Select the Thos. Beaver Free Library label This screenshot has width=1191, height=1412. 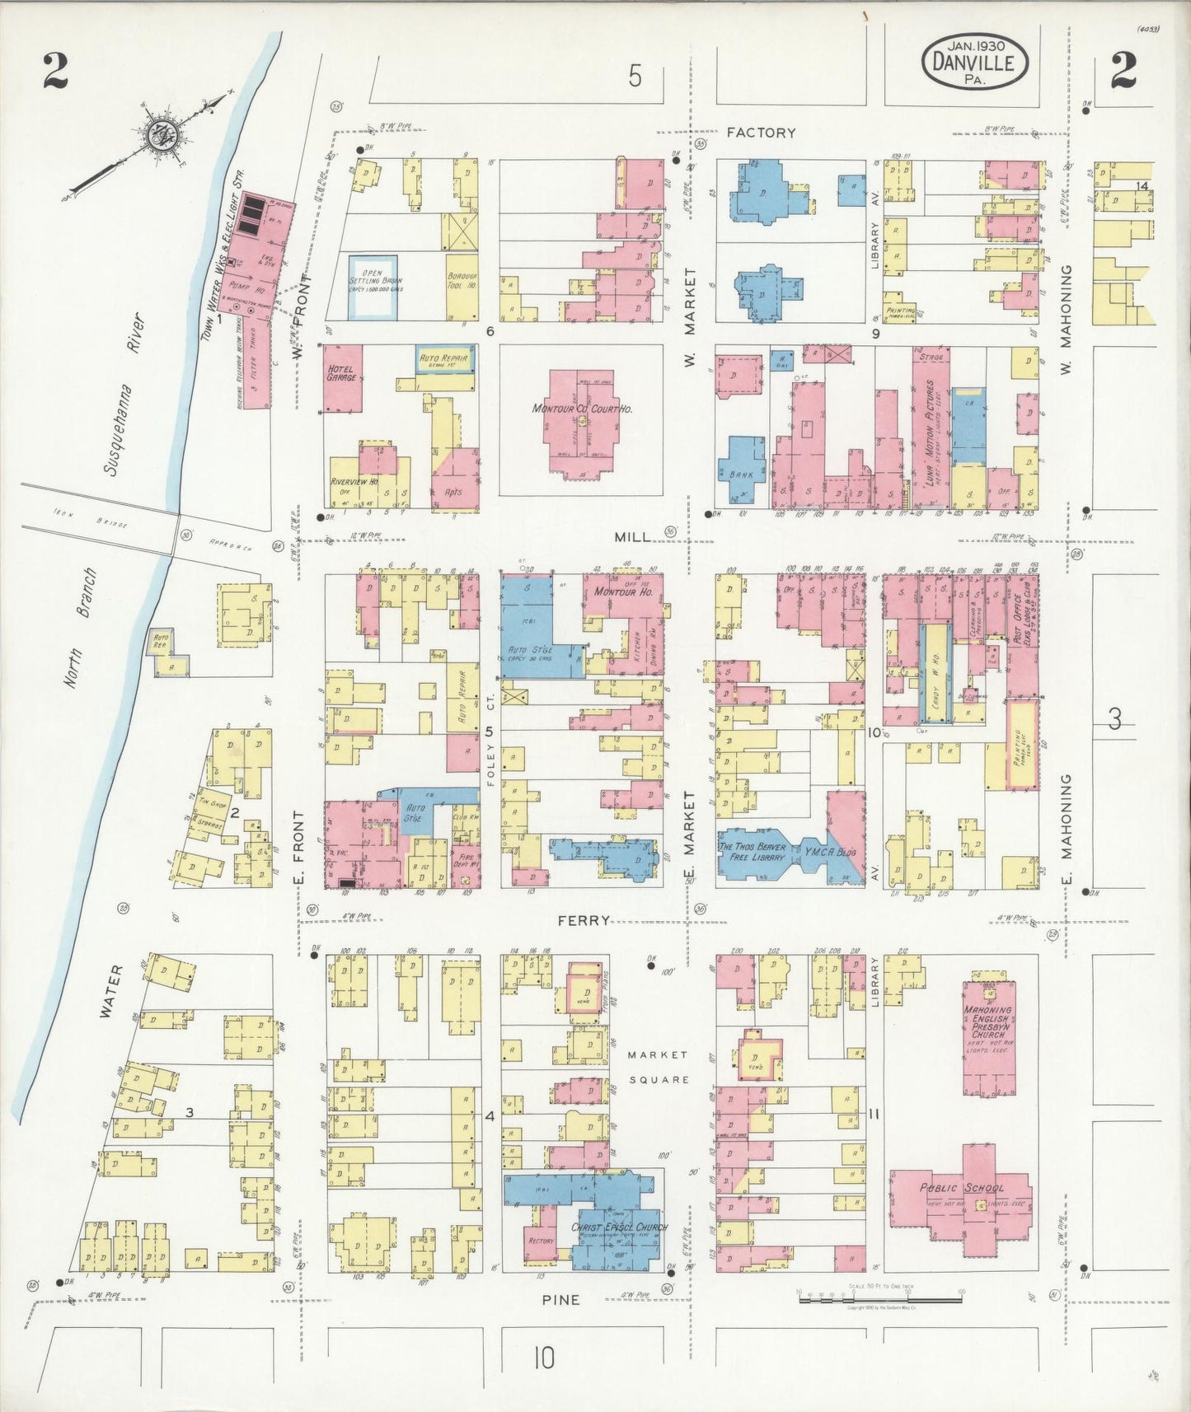pos(748,853)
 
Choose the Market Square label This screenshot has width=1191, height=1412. pos(657,1067)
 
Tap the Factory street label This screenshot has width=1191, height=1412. pos(761,132)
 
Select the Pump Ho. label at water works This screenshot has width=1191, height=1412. pos(248,292)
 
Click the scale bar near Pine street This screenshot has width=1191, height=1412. pos(880,1300)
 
